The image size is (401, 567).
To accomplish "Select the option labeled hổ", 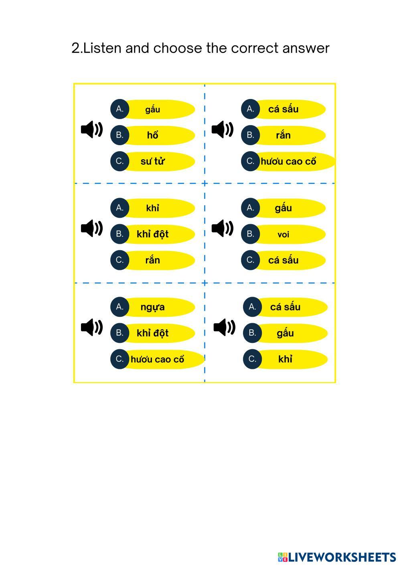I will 153,136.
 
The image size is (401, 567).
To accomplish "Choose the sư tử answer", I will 153,162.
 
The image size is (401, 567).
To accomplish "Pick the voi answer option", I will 284,235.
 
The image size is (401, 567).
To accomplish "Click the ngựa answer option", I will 153,307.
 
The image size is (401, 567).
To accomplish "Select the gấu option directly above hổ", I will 153,109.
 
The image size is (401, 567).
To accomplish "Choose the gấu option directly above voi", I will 284,208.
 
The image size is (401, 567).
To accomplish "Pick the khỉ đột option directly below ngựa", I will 153,333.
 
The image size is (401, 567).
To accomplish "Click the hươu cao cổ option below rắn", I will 288,162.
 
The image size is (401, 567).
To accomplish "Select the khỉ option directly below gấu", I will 285,359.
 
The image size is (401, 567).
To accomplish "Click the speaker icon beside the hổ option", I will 92,130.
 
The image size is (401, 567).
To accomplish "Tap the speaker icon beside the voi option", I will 223,228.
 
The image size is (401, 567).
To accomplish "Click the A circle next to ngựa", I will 119,307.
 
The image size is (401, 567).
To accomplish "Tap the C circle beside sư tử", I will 119,161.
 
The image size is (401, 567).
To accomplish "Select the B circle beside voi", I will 250,234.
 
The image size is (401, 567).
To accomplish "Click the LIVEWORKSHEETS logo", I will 337,557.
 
